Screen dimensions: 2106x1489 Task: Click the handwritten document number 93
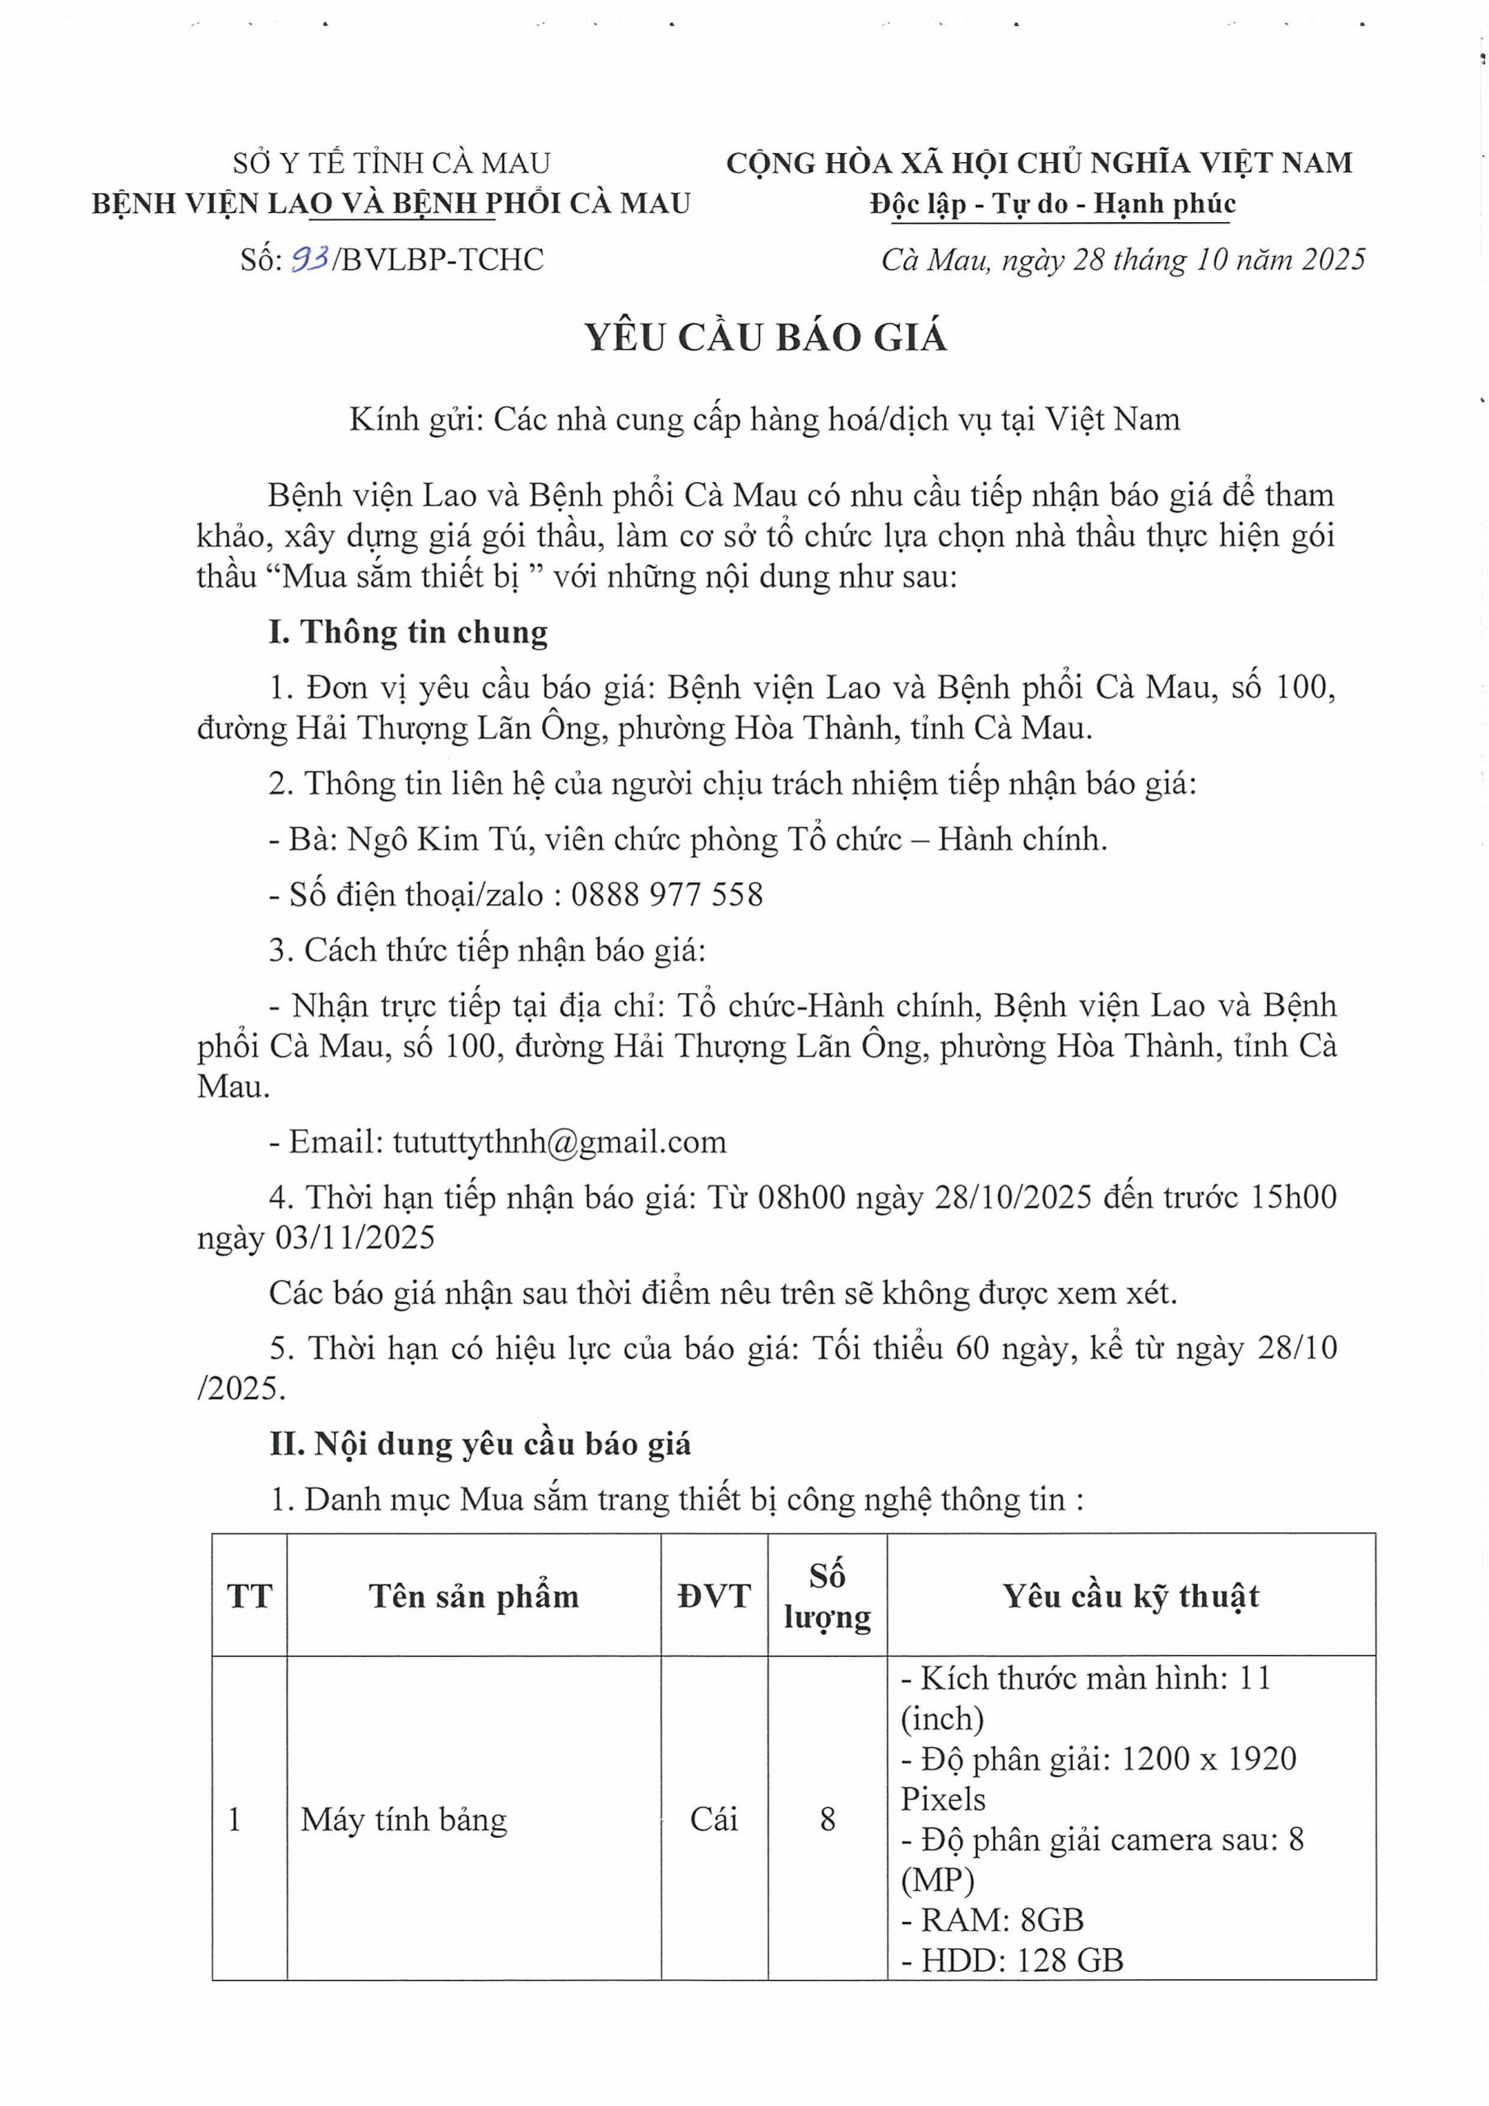(310, 260)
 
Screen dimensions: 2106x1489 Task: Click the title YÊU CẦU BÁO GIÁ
(766, 337)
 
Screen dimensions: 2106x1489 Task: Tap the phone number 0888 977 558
(666, 894)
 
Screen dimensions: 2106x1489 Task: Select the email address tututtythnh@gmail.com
(559, 1142)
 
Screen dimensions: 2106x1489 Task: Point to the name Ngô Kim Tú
(438, 839)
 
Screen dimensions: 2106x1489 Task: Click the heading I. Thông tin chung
(408, 633)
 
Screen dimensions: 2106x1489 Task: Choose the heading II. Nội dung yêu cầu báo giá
(480, 1445)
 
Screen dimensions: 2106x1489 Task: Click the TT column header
(249, 1597)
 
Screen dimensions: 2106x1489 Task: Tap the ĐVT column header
(714, 1597)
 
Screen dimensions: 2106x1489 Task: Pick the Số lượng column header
(827, 1597)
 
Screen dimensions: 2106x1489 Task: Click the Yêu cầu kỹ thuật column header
(1130, 1597)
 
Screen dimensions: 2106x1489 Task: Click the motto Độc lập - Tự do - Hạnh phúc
(1052, 204)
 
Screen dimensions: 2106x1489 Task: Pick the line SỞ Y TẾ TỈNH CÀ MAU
(392, 163)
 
